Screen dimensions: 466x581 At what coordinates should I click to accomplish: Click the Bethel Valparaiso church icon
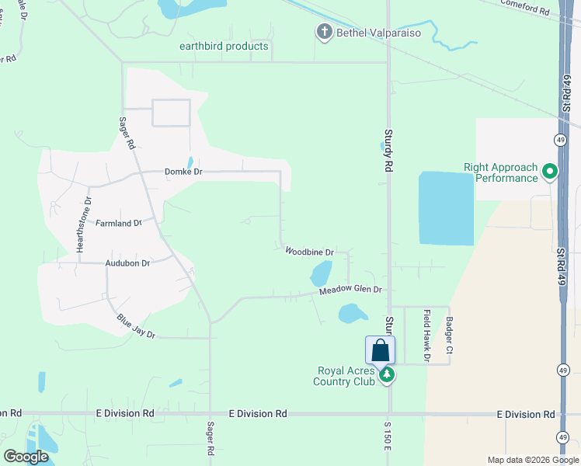[x=323, y=32]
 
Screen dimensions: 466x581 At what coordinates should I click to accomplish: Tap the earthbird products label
[x=224, y=47]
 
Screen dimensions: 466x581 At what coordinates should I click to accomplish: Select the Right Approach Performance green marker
[x=551, y=171]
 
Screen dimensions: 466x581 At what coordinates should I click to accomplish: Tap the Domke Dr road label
[x=183, y=172]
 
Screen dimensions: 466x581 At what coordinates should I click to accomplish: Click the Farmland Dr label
[x=118, y=224]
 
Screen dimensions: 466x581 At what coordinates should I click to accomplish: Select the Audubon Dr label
[x=127, y=263]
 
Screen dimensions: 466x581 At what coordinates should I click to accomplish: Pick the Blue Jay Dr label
[x=137, y=325]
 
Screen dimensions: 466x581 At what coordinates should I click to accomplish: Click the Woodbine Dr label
[x=309, y=252]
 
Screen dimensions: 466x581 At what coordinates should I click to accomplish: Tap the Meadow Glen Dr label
[x=352, y=290]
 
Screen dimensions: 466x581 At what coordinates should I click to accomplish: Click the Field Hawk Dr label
[x=427, y=336]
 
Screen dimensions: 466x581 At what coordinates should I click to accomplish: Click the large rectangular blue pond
[x=446, y=208]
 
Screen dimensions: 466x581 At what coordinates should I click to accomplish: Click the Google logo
[x=26, y=457]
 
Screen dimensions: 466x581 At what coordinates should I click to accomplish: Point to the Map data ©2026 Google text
[x=531, y=459]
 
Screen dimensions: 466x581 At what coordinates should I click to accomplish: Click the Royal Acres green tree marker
[x=387, y=376]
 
